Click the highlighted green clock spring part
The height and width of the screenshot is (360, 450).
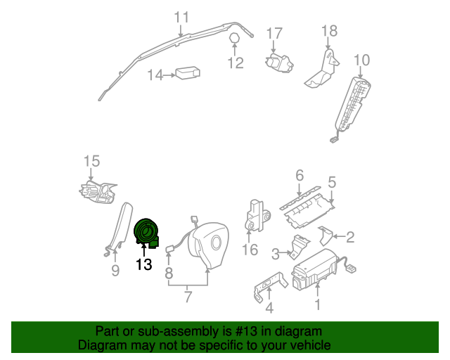pyautogui.click(x=148, y=232)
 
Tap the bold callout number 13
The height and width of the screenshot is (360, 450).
pyautogui.click(x=144, y=265)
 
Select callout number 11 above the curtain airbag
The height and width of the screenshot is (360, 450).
pyautogui.click(x=181, y=16)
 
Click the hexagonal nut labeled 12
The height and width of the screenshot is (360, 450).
pyautogui.click(x=234, y=39)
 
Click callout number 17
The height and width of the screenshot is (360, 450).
pyautogui.click(x=274, y=33)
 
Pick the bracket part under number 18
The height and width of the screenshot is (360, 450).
pyautogui.click(x=321, y=71)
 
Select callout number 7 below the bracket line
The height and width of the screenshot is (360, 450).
pyautogui.click(x=188, y=296)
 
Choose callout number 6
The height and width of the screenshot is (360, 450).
pyautogui.click(x=299, y=174)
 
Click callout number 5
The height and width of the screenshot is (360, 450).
pyautogui.click(x=332, y=182)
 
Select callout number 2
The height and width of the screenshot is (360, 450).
pyautogui.click(x=349, y=237)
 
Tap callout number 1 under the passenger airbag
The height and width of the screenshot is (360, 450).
pyautogui.click(x=317, y=304)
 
